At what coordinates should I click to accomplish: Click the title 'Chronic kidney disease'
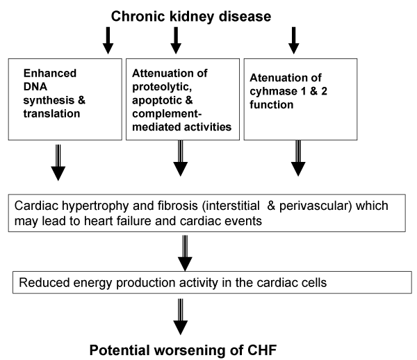pos(191,17)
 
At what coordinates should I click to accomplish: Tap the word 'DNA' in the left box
pos(35,87)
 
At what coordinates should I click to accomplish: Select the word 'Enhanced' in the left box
pos(50,73)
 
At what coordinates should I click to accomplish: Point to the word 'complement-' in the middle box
pos(167,114)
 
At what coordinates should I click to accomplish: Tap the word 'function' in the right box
pos(272,104)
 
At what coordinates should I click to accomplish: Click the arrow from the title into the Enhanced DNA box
pos(108,40)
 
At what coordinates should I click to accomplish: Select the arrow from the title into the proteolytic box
pos(176,40)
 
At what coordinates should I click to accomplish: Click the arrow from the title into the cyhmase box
pos(293,40)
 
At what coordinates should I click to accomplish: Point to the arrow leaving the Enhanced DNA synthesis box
pos(58,163)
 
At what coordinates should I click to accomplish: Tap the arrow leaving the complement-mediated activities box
pos(180,158)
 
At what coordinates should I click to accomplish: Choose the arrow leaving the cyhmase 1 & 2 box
pos(298,158)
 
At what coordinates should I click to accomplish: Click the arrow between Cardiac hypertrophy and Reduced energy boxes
pos(185,253)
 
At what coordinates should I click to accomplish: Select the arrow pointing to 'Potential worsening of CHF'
pos(181,317)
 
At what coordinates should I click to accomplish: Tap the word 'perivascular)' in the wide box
pos(316,206)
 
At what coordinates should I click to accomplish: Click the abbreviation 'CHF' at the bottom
pos(262,350)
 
